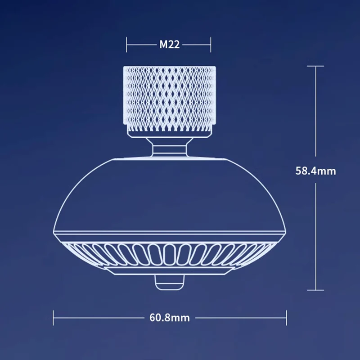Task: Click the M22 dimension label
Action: (169, 45)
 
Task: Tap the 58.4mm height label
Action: (315, 171)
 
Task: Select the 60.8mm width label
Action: (170, 318)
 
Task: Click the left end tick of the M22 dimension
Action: (127, 45)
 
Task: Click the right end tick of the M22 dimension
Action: (211, 45)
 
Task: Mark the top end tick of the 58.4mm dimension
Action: (315, 66)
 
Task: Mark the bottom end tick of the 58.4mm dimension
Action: (315, 290)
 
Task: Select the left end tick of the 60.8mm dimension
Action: (54, 318)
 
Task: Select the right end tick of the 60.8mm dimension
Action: (287, 318)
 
